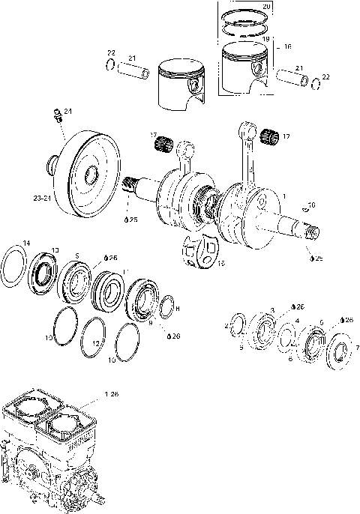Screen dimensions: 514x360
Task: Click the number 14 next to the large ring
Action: (x=26, y=244)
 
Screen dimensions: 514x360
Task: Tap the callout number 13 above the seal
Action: (x=54, y=250)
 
